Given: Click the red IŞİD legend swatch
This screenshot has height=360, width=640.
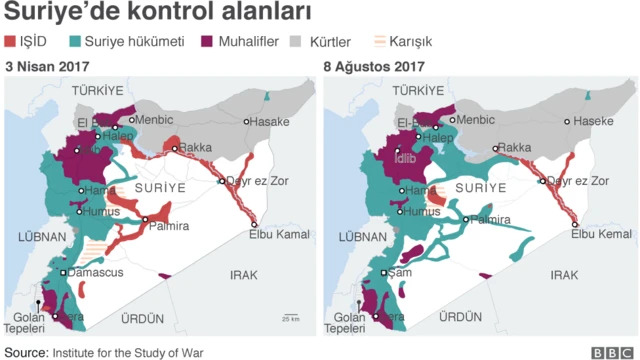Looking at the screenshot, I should tap(11, 42).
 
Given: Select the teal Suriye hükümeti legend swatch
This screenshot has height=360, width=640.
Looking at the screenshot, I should tap(76, 42).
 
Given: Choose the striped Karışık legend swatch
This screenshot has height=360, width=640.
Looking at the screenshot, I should tap(379, 42).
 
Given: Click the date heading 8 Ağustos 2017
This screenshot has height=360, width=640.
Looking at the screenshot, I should tap(374, 66).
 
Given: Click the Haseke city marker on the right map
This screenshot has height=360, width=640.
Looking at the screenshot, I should tap(567, 122).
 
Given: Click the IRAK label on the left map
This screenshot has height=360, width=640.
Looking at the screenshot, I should tap(243, 275).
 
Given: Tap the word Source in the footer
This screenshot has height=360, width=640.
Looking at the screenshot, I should tap(25, 352).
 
